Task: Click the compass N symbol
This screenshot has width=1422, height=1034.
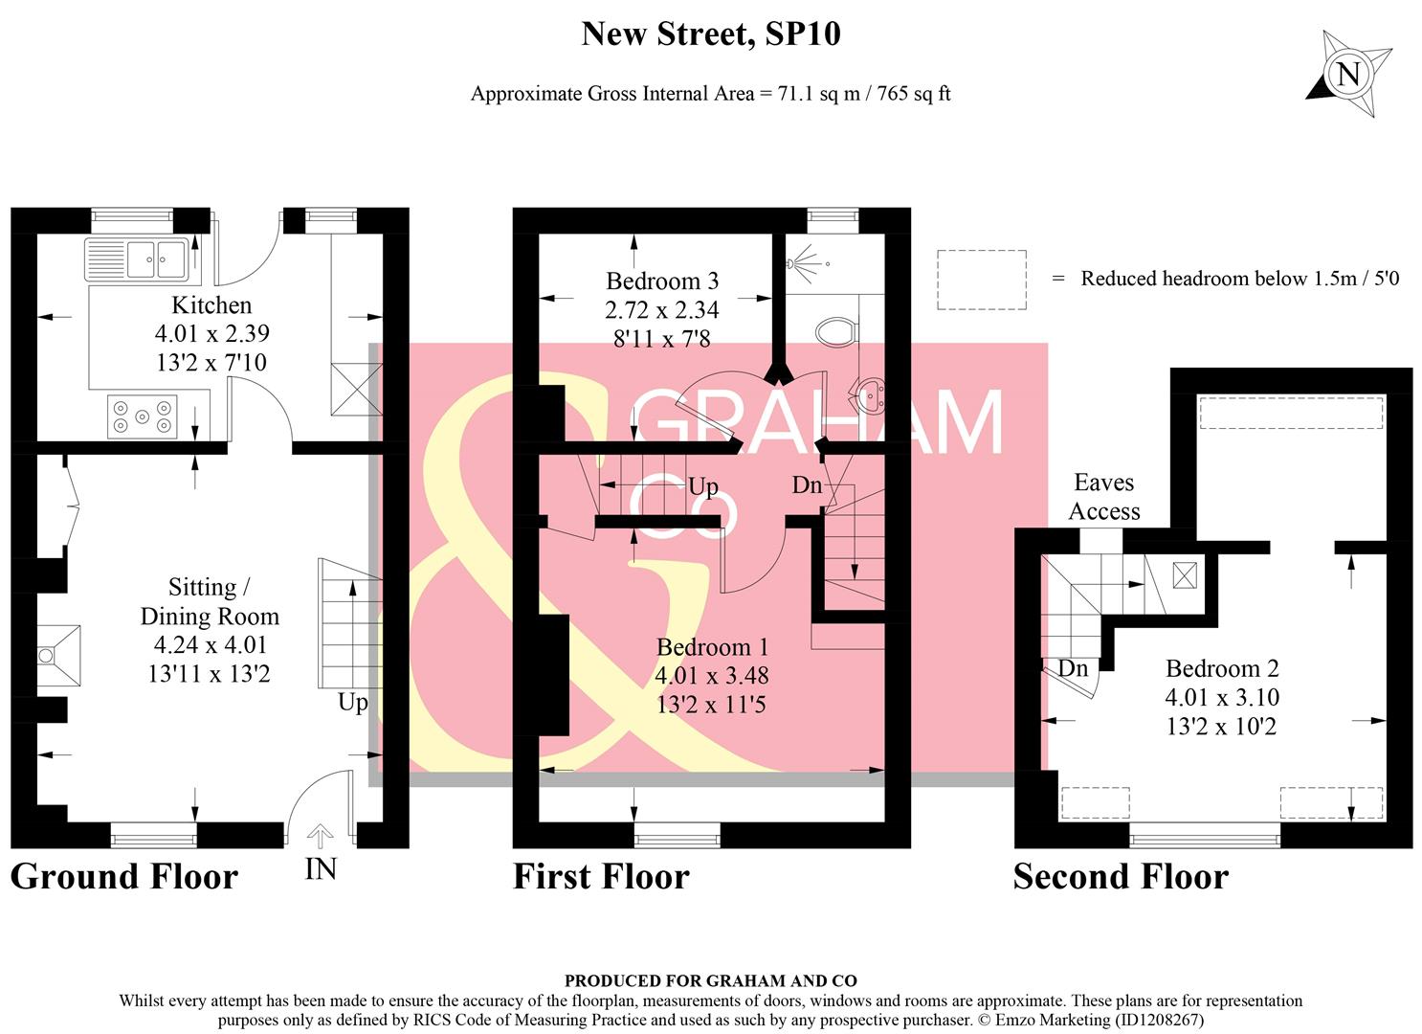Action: tap(1347, 74)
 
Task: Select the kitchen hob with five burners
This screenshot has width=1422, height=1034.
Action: tap(142, 416)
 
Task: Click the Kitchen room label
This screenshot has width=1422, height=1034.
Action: tap(211, 305)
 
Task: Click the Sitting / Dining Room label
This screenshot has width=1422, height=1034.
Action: tap(210, 601)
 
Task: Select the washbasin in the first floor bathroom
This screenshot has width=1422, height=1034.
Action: tap(870, 393)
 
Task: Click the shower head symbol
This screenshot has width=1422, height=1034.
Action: tap(804, 259)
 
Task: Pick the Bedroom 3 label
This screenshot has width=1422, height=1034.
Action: tap(662, 281)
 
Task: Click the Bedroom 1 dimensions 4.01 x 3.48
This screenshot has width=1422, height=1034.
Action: tap(711, 676)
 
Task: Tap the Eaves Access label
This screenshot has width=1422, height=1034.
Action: tap(1104, 497)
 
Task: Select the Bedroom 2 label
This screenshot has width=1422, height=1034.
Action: tap(1222, 668)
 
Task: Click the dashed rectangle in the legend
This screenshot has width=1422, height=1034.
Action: tap(981, 280)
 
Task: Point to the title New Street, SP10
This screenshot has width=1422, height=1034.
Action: tap(711, 34)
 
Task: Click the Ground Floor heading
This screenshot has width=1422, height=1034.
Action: tap(123, 876)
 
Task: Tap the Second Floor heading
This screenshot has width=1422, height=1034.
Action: tap(1121, 876)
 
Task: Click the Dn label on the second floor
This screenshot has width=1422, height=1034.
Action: tap(1073, 668)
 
